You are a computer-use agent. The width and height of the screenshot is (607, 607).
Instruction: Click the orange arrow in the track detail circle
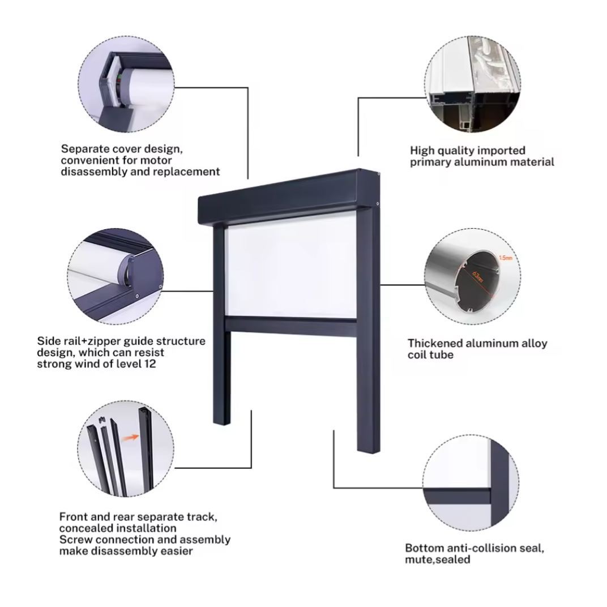click(x=131, y=437)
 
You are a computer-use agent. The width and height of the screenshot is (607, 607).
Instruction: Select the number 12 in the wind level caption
click(x=148, y=364)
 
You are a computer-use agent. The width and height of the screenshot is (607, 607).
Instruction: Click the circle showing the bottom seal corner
click(x=471, y=483)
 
